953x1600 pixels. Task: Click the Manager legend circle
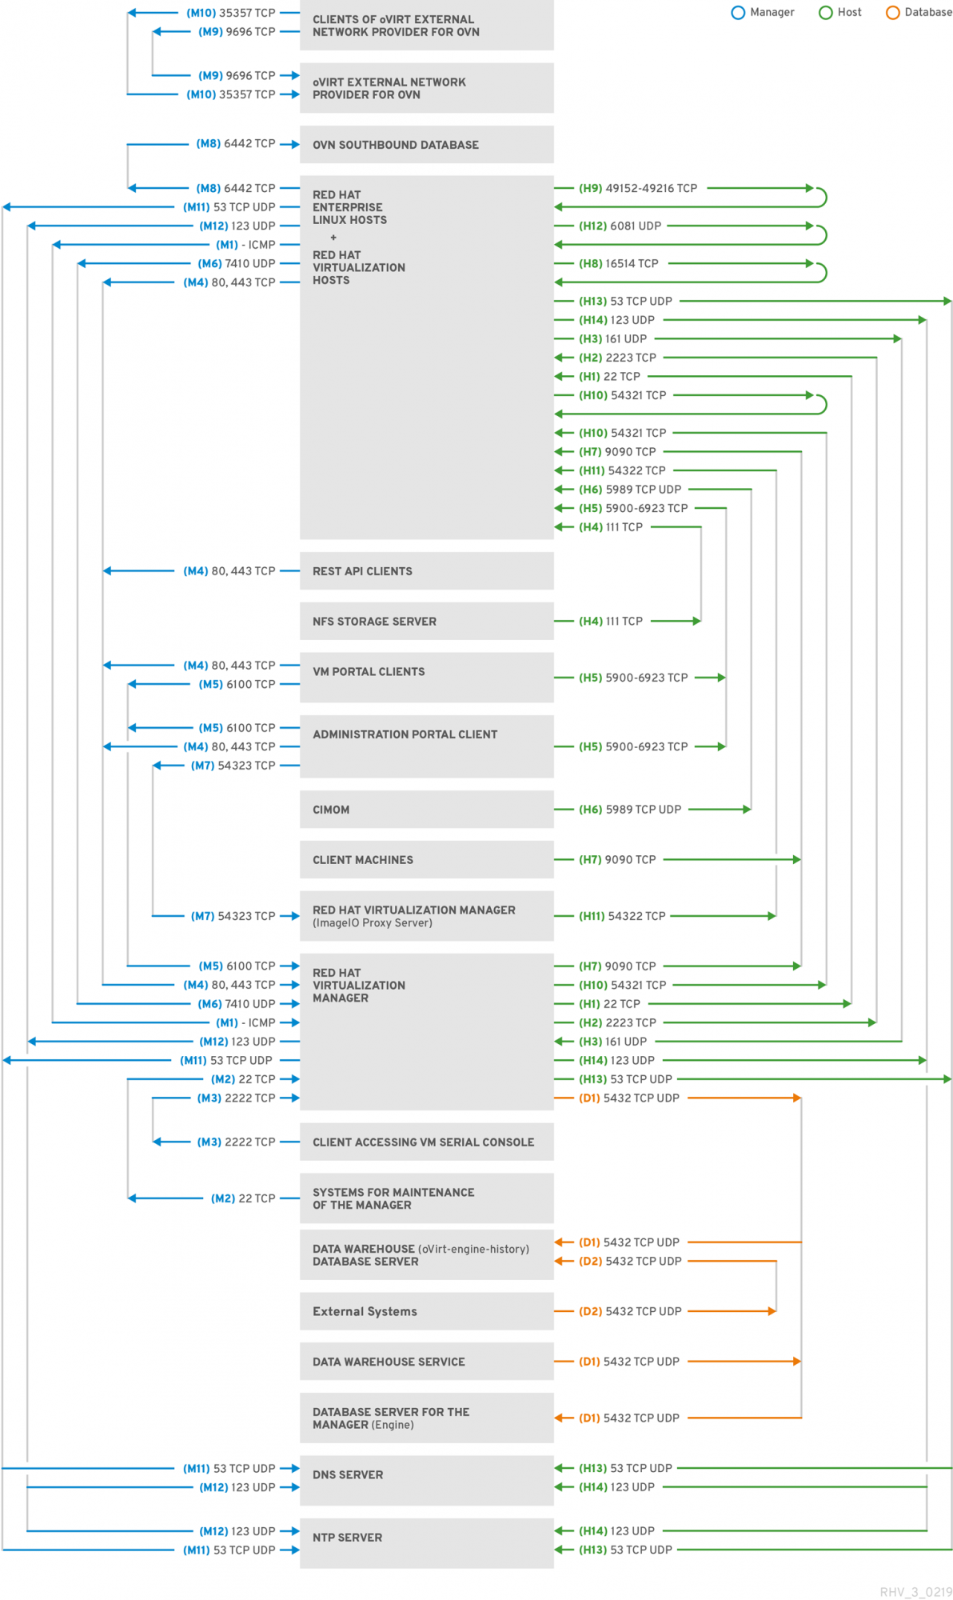click(x=738, y=13)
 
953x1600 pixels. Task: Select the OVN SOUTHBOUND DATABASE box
click(x=426, y=145)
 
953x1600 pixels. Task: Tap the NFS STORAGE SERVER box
click(x=426, y=622)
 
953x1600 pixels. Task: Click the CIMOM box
click(x=426, y=810)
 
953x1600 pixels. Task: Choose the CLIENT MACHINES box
click(x=426, y=860)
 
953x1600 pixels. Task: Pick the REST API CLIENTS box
click(x=426, y=571)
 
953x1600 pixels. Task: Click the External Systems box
click(x=426, y=1311)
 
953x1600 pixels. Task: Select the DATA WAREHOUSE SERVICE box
click(x=426, y=1362)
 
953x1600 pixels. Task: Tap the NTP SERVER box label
click(x=348, y=1538)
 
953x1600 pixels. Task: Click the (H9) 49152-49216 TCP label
click(x=638, y=189)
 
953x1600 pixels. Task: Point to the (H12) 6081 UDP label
click(x=620, y=226)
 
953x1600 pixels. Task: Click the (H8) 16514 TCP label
click(x=619, y=264)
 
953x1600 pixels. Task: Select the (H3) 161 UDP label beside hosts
click(x=613, y=339)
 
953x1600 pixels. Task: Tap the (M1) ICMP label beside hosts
click(x=245, y=245)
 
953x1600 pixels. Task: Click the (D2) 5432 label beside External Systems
click(x=630, y=1311)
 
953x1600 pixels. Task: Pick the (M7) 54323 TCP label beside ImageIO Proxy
click(x=233, y=916)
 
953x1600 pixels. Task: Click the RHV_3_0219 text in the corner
click(x=915, y=1592)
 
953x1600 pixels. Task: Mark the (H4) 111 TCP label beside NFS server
click(x=611, y=622)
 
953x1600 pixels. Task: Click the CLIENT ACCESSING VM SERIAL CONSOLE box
click(x=426, y=1142)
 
